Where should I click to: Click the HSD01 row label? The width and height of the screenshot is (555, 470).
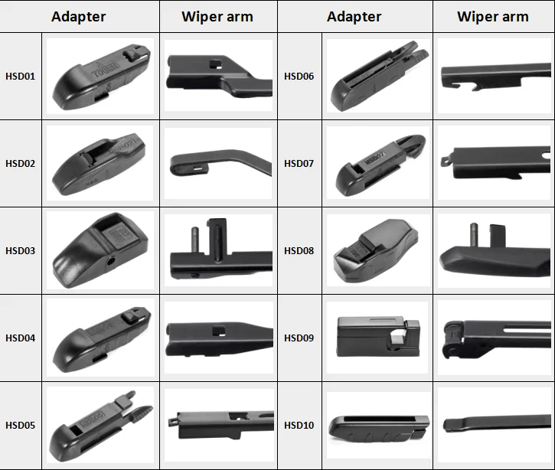click(20, 77)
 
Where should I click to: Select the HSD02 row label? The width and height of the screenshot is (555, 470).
click(20, 164)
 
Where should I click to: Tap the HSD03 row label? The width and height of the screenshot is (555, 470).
click(20, 251)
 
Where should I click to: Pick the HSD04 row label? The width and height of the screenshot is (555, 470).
click(20, 338)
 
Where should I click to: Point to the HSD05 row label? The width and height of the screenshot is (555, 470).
click(20, 426)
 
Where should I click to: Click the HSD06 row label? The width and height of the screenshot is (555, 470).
click(299, 77)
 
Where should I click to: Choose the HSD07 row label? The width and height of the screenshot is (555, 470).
click(299, 164)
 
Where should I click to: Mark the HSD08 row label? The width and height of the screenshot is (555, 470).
click(299, 251)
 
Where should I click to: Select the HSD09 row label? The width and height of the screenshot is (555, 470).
click(299, 338)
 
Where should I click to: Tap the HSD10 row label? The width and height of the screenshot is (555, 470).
click(299, 426)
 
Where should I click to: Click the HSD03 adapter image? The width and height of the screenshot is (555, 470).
click(100, 251)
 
